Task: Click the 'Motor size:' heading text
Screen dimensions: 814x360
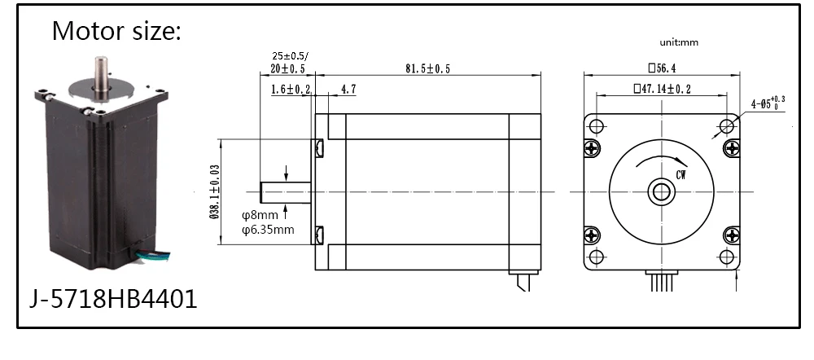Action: pyautogui.click(x=116, y=31)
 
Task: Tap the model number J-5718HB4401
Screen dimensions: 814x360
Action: pyautogui.click(x=113, y=299)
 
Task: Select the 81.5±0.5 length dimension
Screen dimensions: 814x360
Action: pyautogui.click(x=427, y=68)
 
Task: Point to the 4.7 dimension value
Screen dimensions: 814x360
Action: pyautogui.click(x=348, y=90)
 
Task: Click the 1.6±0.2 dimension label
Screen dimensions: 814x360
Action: pyautogui.click(x=291, y=90)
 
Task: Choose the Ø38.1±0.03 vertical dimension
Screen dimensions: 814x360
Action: pyautogui.click(x=215, y=191)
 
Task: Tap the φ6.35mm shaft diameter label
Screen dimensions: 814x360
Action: pyautogui.click(x=268, y=229)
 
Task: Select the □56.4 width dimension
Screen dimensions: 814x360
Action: pyautogui.click(x=662, y=68)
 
